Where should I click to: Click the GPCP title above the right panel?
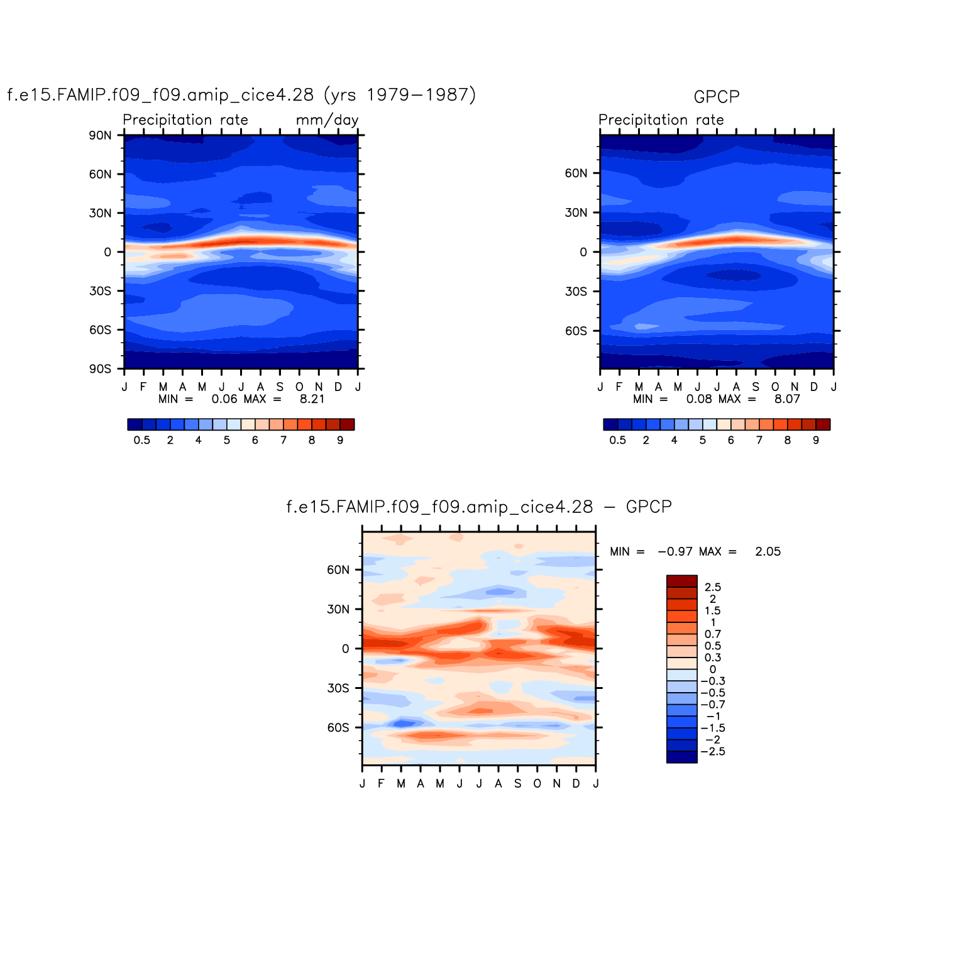tap(716, 97)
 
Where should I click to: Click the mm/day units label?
tap(327, 120)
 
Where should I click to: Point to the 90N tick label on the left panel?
tap(100, 135)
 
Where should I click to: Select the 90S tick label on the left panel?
tap(100, 369)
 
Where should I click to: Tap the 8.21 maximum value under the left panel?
tap(312, 399)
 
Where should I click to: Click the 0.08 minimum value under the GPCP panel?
tap(698, 399)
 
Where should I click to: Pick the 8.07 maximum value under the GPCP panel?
tap(786, 399)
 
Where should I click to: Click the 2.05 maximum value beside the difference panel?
tap(768, 552)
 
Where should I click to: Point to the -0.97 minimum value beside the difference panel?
tap(674, 552)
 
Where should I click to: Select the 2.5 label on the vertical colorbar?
tap(712, 587)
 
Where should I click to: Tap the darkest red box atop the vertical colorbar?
tap(681, 581)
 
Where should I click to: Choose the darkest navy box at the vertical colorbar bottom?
tap(681, 757)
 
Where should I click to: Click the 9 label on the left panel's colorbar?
tap(340, 441)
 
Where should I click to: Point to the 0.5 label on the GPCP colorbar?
tap(617, 441)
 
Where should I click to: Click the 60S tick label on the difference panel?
tap(338, 728)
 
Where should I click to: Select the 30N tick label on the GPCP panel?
tap(575, 213)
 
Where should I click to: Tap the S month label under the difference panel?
tap(517, 784)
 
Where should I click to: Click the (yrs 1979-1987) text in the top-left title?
tap(399, 95)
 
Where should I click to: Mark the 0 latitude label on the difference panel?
tap(345, 649)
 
